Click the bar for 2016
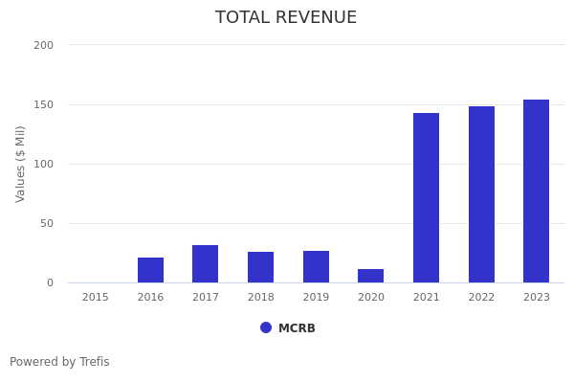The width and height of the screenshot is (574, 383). tap(150, 270)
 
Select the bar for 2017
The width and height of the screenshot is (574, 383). tap(206, 264)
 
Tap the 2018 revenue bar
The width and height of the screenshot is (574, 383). tap(260, 267)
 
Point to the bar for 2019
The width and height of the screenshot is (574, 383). tap(316, 267)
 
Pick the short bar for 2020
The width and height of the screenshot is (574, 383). tap(371, 276)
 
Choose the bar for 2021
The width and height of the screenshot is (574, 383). tap(426, 198)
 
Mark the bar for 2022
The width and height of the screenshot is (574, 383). tap(481, 194)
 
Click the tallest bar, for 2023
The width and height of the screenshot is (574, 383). tap(537, 191)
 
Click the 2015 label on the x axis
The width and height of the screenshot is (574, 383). tap(96, 298)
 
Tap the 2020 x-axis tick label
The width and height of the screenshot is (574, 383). tap(371, 298)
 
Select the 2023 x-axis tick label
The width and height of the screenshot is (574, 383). tap(537, 298)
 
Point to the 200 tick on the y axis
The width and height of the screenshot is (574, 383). tap(43, 45)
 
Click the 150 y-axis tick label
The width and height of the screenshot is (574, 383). tap(43, 104)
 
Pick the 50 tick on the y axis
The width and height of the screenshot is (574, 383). tap(46, 223)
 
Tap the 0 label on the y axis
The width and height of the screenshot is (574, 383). tap(49, 282)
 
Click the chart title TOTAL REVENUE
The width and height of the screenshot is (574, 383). tap(286, 18)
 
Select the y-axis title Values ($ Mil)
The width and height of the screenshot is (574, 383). tap(21, 164)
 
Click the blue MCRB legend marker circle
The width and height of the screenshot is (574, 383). tap(266, 327)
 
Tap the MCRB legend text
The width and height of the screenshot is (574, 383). tap(297, 328)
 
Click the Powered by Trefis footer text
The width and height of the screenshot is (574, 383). tap(59, 362)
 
